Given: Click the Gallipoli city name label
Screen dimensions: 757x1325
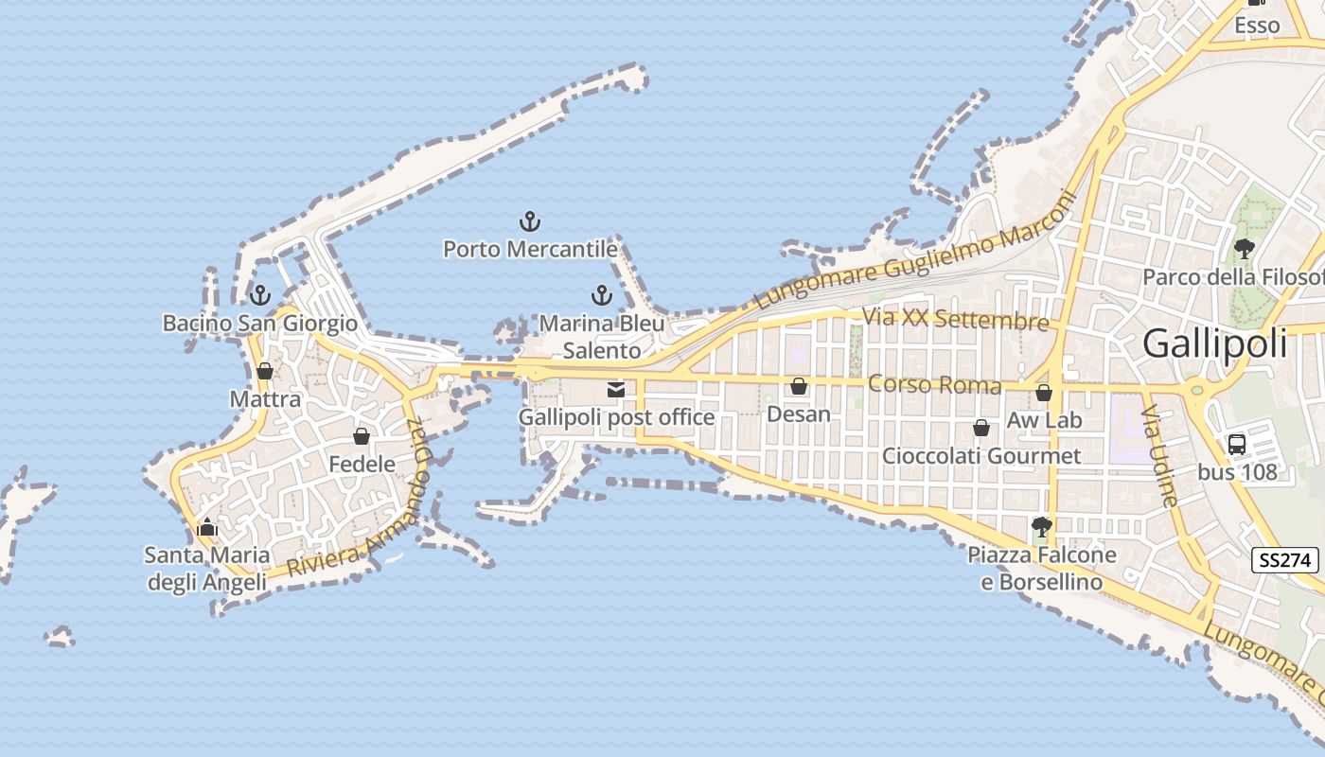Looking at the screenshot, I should (x=1215, y=343).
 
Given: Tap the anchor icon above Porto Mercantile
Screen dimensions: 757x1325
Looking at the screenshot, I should (x=530, y=222).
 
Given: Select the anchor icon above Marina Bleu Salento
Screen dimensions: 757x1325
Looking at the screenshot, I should (x=601, y=295).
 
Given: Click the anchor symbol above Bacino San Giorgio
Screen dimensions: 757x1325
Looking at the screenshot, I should (x=260, y=294).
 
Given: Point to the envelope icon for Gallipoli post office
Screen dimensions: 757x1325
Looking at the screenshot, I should (x=616, y=389).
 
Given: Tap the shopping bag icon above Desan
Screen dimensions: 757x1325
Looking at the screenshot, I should (x=799, y=386).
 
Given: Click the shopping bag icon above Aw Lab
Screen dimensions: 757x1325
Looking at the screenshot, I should (x=1044, y=393).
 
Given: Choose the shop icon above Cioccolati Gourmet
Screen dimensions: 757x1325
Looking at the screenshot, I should (x=981, y=428).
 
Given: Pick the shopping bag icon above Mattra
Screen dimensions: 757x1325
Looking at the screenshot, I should (x=265, y=371).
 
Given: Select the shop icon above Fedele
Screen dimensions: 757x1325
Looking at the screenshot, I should (x=362, y=436).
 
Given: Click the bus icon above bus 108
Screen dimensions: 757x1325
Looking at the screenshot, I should (x=1237, y=445).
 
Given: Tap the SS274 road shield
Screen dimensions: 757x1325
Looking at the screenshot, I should (x=1284, y=560).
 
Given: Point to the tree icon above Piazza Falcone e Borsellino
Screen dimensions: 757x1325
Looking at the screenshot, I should (x=1042, y=526).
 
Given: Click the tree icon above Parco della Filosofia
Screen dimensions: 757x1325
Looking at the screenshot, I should (x=1245, y=249).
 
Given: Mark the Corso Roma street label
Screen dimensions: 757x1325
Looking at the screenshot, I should (x=934, y=385).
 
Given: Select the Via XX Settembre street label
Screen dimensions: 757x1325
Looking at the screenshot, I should (x=955, y=319).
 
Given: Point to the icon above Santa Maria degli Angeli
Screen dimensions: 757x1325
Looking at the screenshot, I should (x=207, y=527).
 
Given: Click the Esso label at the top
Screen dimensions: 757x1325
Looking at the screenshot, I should (x=1257, y=26).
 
